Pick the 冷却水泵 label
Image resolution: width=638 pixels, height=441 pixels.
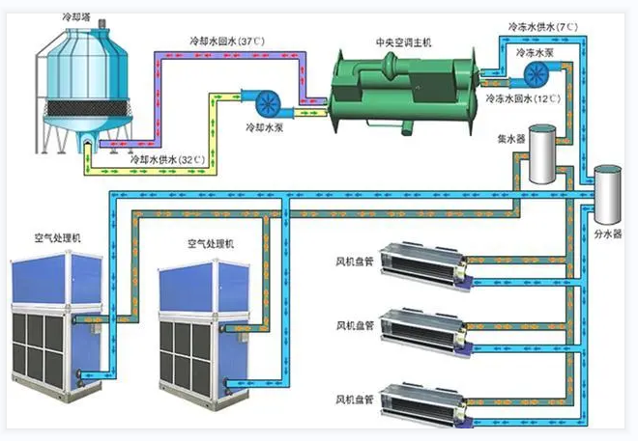click(x=262, y=127)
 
